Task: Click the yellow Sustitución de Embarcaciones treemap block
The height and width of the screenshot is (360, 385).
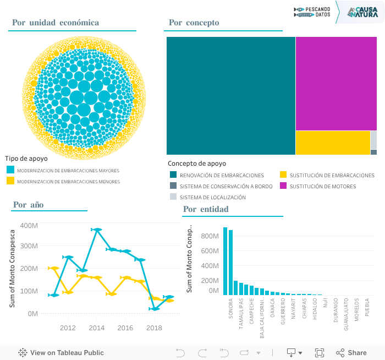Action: pyautogui.click(x=332, y=143)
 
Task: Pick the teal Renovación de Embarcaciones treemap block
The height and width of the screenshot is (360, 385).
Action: pyautogui.click(x=230, y=95)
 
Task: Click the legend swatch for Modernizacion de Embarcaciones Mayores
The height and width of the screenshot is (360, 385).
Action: pyautogui.click(x=10, y=171)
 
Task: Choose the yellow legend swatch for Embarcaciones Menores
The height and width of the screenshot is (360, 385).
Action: pyautogui.click(x=10, y=181)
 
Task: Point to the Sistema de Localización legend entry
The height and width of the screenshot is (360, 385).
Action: pyautogui.click(x=212, y=197)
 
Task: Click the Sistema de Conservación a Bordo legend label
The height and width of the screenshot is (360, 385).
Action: pyautogui.click(x=226, y=186)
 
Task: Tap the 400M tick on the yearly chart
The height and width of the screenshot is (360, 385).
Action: pyautogui.click(x=29, y=225)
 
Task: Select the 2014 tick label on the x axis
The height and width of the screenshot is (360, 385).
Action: pyautogui.click(x=97, y=328)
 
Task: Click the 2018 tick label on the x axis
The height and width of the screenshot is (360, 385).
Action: pyautogui.click(x=154, y=328)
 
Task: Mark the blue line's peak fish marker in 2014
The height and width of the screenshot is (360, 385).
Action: pyautogui.click(x=97, y=230)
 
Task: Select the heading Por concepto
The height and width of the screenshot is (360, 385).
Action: pyautogui.click(x=194, y=23)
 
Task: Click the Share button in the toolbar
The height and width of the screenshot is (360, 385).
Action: pyautogui.click(x=351, y=353)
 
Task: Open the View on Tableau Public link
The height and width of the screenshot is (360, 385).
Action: pyautogui.click(x=61, y=353)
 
